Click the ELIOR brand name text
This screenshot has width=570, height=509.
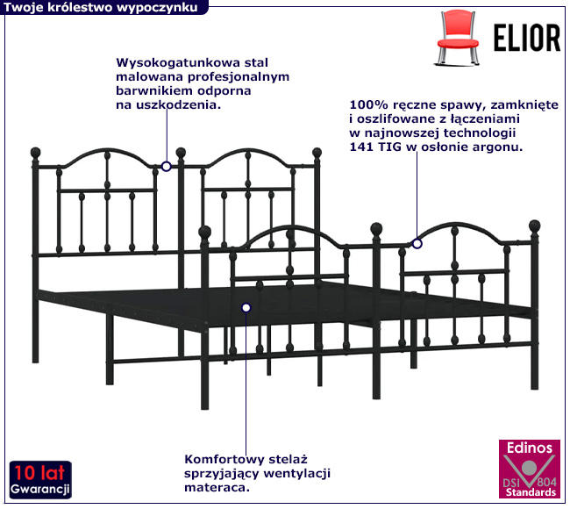pos(527,38)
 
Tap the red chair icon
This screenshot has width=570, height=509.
pos(458,38)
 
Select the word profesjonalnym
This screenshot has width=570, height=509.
pos(239,77)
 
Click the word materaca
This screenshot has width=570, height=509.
pos(217,488)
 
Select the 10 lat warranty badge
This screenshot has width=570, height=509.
pos(40,480)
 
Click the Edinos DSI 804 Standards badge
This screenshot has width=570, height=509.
pos(530,470)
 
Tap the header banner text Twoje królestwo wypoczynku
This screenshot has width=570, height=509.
pos(101,8)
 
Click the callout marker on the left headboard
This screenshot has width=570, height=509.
pos(166,167)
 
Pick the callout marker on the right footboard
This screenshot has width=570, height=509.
pos(417,243)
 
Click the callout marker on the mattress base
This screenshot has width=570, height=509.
pos(246,308)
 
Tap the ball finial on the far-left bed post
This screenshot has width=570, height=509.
pos(35,153)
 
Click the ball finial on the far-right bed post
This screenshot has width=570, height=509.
pos(534,226)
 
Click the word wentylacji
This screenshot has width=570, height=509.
pos(297,474)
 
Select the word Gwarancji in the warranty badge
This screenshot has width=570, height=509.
pos(40,490)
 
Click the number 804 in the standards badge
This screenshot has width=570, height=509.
pos(546,483)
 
